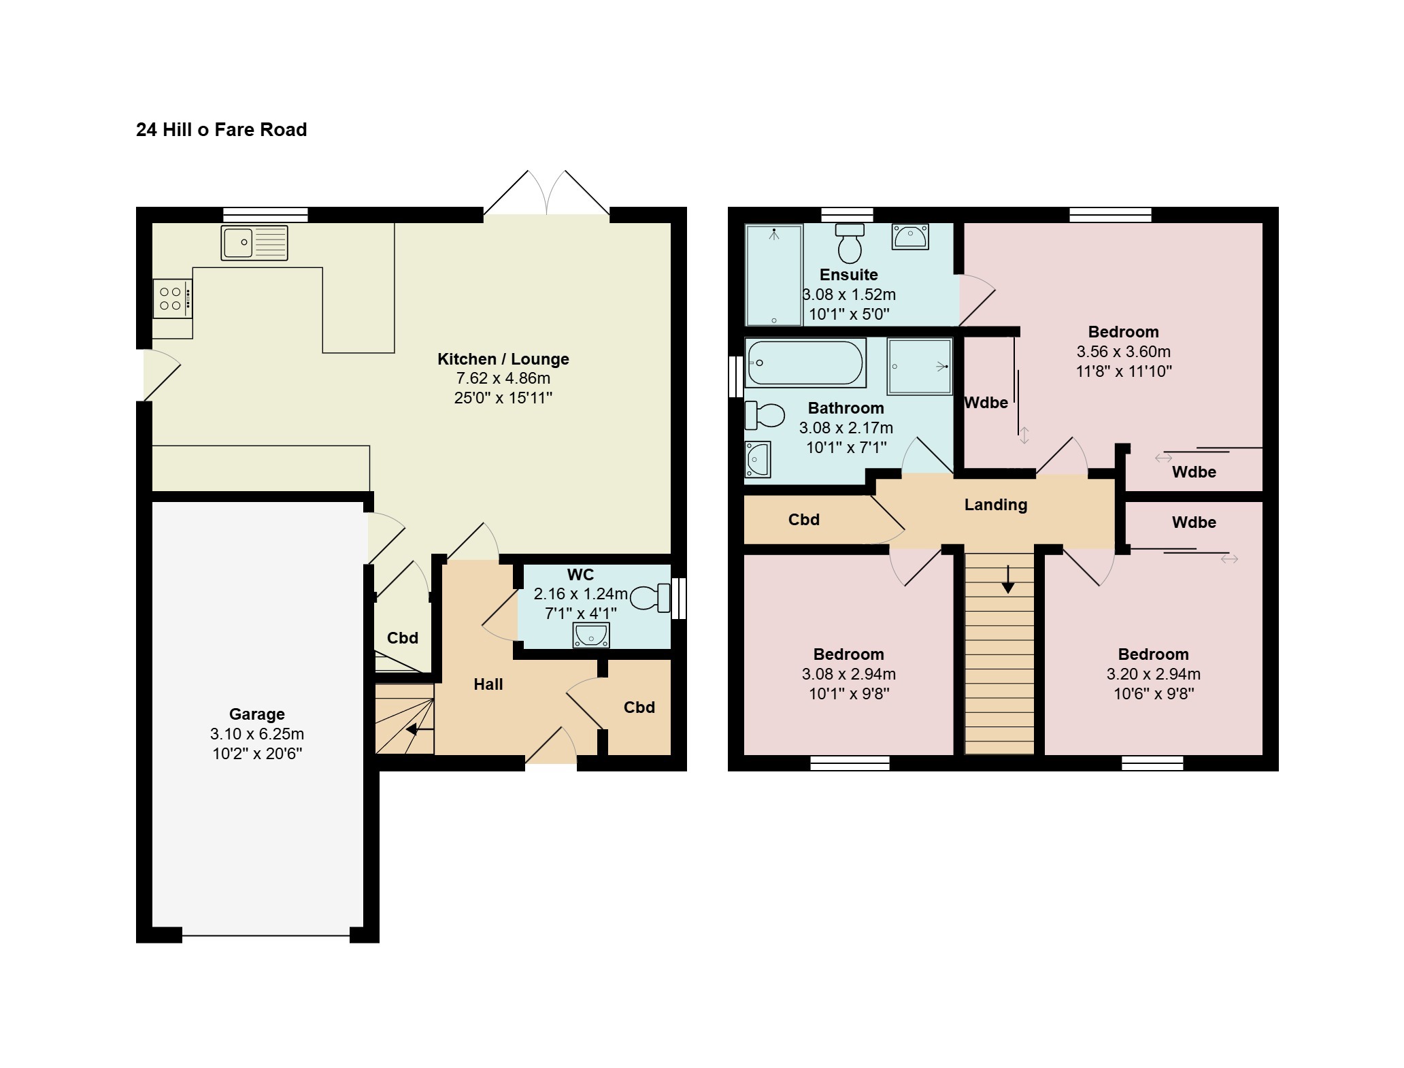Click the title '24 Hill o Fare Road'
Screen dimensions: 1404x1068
coord(221,129)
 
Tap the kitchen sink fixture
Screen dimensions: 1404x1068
coord(254,243)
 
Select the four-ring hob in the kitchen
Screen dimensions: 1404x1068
coord(173,299)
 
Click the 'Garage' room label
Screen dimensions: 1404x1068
coord(256,714)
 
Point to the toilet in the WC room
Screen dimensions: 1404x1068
coord(650,599)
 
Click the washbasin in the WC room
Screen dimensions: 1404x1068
coord(590,635)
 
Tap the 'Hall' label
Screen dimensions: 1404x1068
coord(488,684)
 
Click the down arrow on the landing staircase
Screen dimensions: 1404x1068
coord(1007,578)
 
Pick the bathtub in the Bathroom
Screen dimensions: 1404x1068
coord(805,363)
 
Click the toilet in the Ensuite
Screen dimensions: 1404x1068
coord(850,244)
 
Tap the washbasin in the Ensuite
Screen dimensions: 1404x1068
coord(910,237)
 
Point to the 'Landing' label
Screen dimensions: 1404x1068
coord(996,505)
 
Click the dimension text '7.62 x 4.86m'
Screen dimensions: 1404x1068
coord(503,378)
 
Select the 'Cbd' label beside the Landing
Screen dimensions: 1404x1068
coord(804,520)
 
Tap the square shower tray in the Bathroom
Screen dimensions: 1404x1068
coord(920,366)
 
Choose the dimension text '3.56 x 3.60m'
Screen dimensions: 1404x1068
coord(1124,352)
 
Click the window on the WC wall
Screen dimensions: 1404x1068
coord(679,599)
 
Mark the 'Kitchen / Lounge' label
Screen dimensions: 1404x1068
coord(503,359)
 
